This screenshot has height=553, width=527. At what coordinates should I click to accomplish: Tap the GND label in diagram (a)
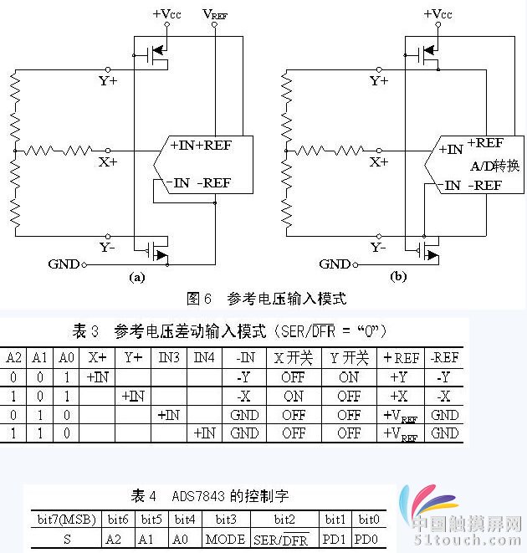[x=63, y=264]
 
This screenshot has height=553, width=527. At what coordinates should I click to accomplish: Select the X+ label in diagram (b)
[x=379, y=161]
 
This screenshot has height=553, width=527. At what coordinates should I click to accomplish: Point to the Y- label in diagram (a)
[x=108, y=247]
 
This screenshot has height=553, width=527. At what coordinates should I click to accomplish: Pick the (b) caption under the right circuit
[x=399, y=277]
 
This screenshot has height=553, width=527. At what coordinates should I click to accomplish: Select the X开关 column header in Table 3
[x=294, y=358]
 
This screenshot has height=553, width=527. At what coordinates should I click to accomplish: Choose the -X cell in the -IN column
[x=244, y=396]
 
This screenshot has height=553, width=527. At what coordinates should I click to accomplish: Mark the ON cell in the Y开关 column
[x=349, y=377]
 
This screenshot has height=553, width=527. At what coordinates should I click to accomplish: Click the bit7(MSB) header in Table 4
[x=67, y=520]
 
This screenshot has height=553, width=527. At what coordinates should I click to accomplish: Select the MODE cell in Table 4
[x=225, y=539]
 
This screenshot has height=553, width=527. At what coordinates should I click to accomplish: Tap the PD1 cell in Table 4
[x=335, y=539]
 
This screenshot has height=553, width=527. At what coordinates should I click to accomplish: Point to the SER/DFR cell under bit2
[x=284, y=539]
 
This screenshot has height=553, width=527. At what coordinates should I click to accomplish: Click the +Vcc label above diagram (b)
[x=437, y=13]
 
